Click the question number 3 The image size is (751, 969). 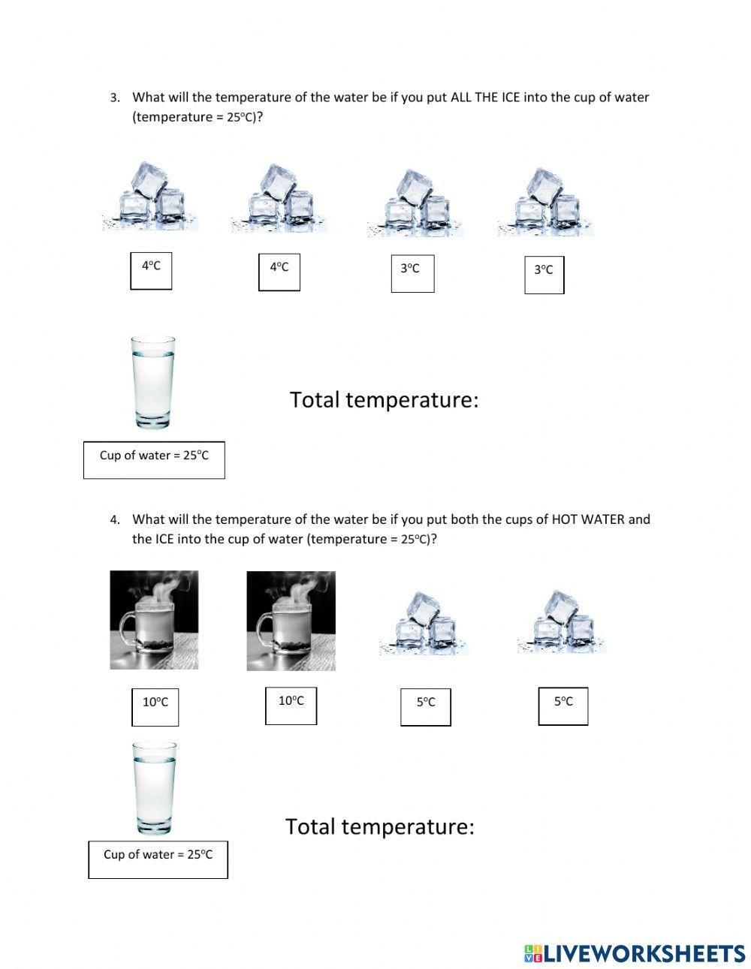114,98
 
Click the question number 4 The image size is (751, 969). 114,519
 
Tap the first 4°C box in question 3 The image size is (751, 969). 151,271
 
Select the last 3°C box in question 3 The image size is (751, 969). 544,274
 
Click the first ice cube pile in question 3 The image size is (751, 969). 151,195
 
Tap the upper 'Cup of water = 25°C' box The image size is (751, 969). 154,459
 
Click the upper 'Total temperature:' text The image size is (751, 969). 384,400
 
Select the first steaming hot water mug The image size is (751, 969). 154,620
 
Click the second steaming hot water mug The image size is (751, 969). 291,620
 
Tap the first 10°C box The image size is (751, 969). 155,706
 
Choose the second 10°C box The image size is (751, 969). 291,706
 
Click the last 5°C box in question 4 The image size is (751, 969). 563,706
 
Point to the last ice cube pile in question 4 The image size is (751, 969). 561,621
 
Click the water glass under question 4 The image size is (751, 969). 155,788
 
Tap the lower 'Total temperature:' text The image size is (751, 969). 379,826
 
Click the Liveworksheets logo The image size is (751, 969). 635,953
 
